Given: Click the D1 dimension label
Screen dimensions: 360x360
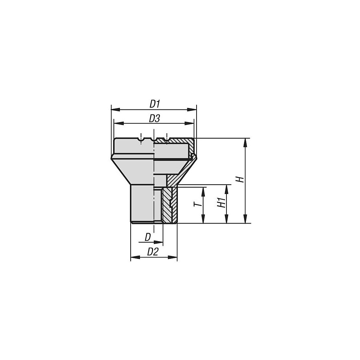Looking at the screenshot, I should (x=154, y=104).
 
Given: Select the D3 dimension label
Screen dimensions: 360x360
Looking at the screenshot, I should (x=154, y=118).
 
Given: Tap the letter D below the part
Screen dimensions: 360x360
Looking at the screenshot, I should (x=148, y=237).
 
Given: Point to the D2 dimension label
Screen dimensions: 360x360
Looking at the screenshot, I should (x=153, y=252).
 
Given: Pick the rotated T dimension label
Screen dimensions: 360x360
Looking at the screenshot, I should (x=197, y=204).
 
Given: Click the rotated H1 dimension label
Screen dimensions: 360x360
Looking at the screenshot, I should (x=221, y=203).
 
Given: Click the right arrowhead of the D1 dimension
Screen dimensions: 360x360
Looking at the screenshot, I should (x=194, y=109).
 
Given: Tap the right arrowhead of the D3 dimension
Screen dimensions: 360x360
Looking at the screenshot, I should (x=191, y=123).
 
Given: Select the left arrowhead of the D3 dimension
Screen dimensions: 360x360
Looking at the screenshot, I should (x=117, y=123).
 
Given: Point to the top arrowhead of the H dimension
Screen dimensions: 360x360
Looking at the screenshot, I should (x=246, y=142).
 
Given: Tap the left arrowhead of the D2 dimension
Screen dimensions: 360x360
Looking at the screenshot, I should (x=134, y=257).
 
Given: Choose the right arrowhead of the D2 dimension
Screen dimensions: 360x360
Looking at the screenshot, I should (x=174, y=257).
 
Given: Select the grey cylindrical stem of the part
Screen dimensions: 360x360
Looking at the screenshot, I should (x=142, y=203).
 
